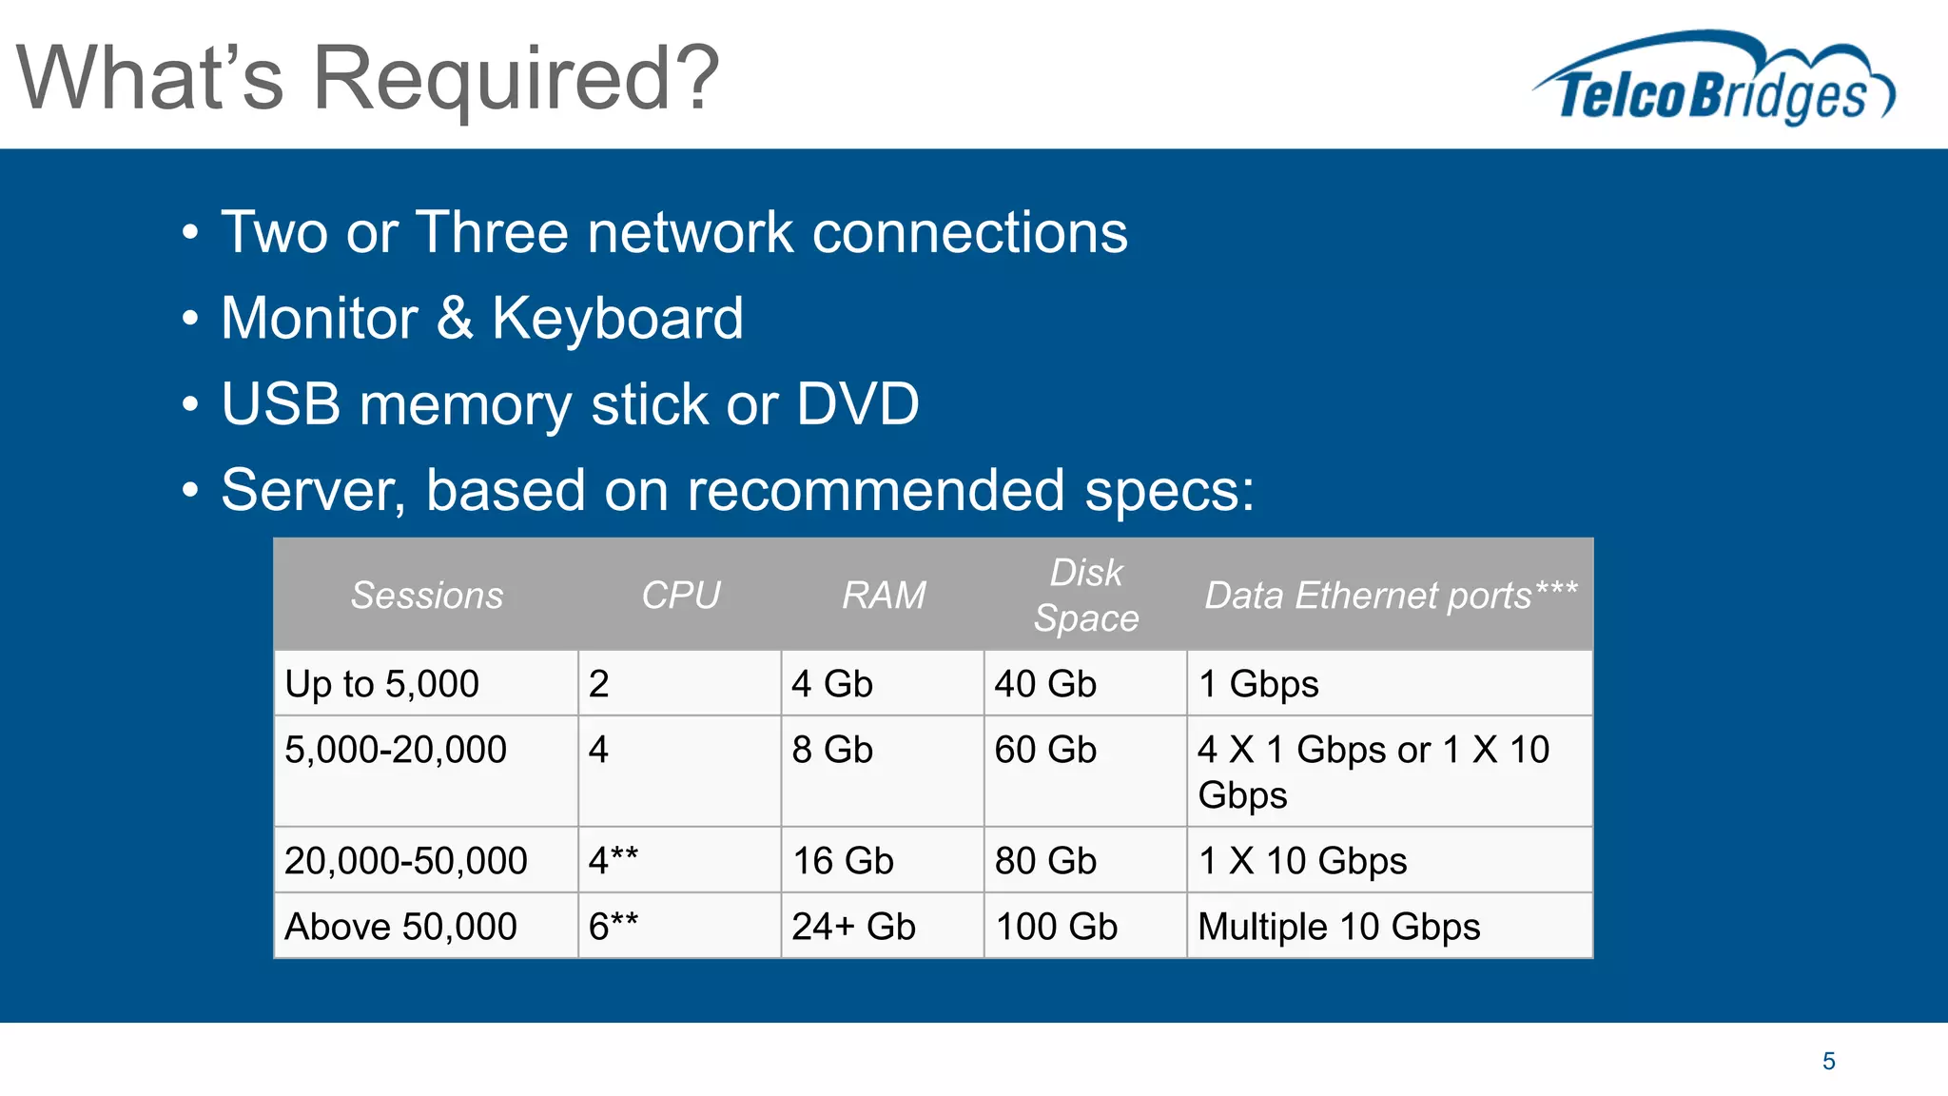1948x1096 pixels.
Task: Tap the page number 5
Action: point(1828,1061)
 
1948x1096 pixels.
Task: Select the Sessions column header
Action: point(426,596)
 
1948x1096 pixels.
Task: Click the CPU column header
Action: point(680,596)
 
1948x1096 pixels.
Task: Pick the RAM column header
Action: point(883,596)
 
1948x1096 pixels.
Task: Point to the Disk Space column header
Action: point(1085,596)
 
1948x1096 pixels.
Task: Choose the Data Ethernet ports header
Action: point(1390,596)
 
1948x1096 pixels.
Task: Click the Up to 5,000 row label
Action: point(381,684)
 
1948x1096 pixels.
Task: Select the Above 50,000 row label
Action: point(400,927)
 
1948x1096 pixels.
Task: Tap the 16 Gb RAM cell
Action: point(843,861)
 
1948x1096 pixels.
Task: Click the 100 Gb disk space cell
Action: point(1056,927)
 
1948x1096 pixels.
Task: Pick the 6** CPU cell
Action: point(614,927)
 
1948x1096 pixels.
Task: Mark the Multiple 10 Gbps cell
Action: point(1338,927)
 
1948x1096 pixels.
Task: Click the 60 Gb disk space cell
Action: point(1045,750)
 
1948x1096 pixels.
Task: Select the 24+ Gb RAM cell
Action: point(853,927)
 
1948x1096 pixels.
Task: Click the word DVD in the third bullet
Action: point(857,403)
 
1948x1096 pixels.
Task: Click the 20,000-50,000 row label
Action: point(405,861)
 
